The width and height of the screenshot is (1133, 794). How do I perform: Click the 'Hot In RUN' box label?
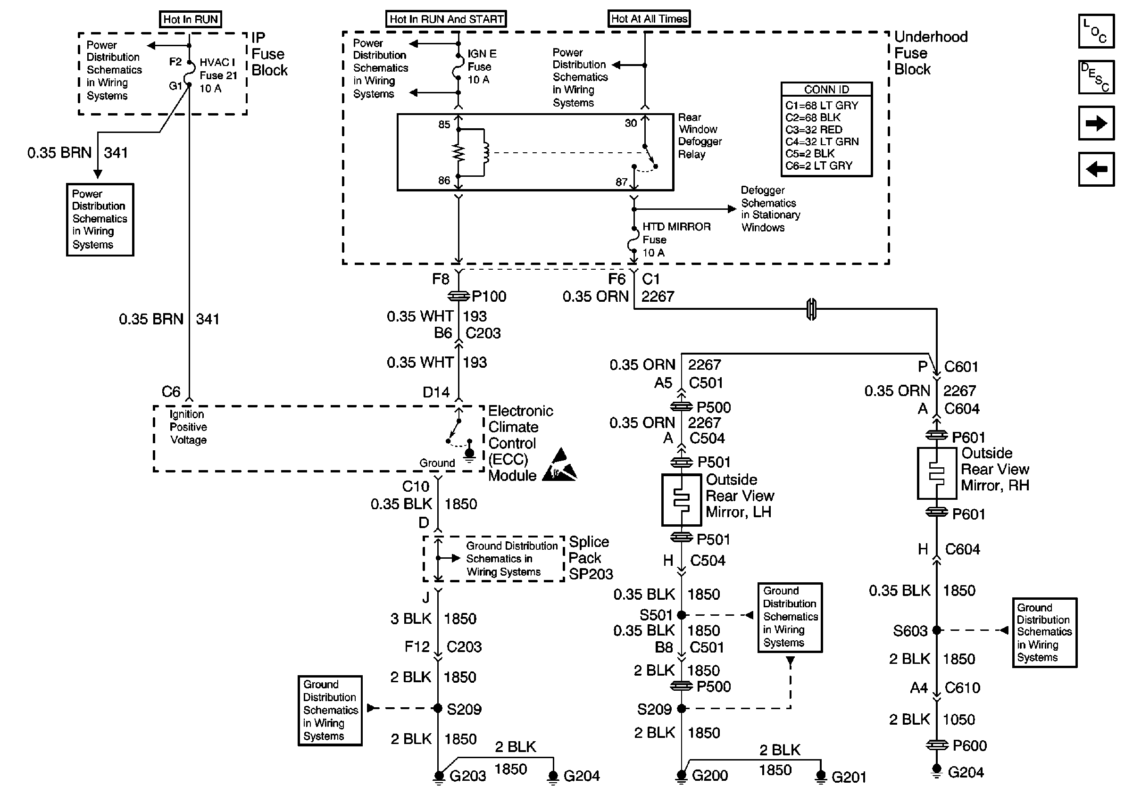click(x=191, y=19)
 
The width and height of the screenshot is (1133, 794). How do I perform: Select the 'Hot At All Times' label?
click(x=649, y=19)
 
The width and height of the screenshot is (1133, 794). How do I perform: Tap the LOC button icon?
click(x=1096, y=31)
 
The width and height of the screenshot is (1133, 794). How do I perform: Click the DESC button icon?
click(x=1096, y=77)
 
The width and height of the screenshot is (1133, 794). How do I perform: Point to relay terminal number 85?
click(x=444, y=124)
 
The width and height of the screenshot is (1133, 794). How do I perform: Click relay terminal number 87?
click(x=621, y=182)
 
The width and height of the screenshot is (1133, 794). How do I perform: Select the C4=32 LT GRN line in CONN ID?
click(x=822, y=141)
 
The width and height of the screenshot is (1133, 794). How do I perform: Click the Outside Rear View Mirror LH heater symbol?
click(x=681, y=500)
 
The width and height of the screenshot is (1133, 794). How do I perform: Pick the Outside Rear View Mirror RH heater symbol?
click(x=936, y=473)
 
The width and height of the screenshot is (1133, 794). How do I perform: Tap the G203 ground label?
click(x=467, y=776)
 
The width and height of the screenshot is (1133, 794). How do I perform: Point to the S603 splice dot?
click(x=936, y=630)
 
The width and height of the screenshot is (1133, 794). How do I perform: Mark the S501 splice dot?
click(x=682, y=615)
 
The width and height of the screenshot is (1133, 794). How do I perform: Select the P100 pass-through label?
click(x=489, y=297)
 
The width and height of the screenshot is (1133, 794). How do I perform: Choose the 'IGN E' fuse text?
click(x=482, y=54)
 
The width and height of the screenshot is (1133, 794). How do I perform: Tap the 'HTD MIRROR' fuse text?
click(x=676, y=227)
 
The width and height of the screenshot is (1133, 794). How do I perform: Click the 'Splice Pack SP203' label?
click(x=590, y=558)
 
